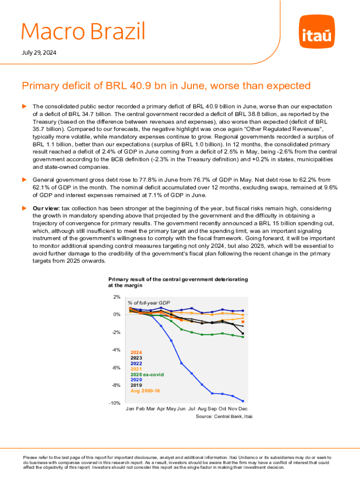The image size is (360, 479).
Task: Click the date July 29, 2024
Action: [39, 52]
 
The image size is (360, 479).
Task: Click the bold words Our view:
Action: [45, 208]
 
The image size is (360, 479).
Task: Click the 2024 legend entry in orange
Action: [136, 352]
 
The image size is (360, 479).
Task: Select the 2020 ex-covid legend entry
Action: [147, 375]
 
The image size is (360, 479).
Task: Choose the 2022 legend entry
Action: [136, 363]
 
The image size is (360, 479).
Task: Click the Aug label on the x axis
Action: [202, 409]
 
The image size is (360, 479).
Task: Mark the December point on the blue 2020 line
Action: [243, 401]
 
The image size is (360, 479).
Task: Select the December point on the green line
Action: [243, 337]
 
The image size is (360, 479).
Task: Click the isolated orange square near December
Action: [243, 322]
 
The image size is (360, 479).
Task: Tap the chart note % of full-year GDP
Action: [148, 303]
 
